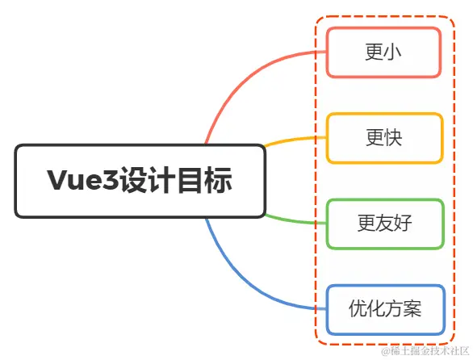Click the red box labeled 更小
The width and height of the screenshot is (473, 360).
click(x=383, y=52)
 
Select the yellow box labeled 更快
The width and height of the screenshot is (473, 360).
click(x=383, y=138)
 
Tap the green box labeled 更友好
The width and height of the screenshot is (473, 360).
click(x=383, y=224)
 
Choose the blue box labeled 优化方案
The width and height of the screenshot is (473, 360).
click(x=385, y=309)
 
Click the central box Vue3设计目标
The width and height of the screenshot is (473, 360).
click(x=140, y=181)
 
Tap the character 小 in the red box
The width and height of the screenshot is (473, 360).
click(x=393, y=52)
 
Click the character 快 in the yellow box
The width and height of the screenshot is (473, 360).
click(x=393, y=138)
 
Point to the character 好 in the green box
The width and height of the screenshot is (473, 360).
click(x=402, y=224)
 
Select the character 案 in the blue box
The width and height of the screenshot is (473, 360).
click(x=412, y=309)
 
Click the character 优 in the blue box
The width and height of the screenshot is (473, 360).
click(x=358, y=309)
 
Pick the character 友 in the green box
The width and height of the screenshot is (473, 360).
click(x=384, y=224)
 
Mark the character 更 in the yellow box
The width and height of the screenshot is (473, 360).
click(x=374, y=138)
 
